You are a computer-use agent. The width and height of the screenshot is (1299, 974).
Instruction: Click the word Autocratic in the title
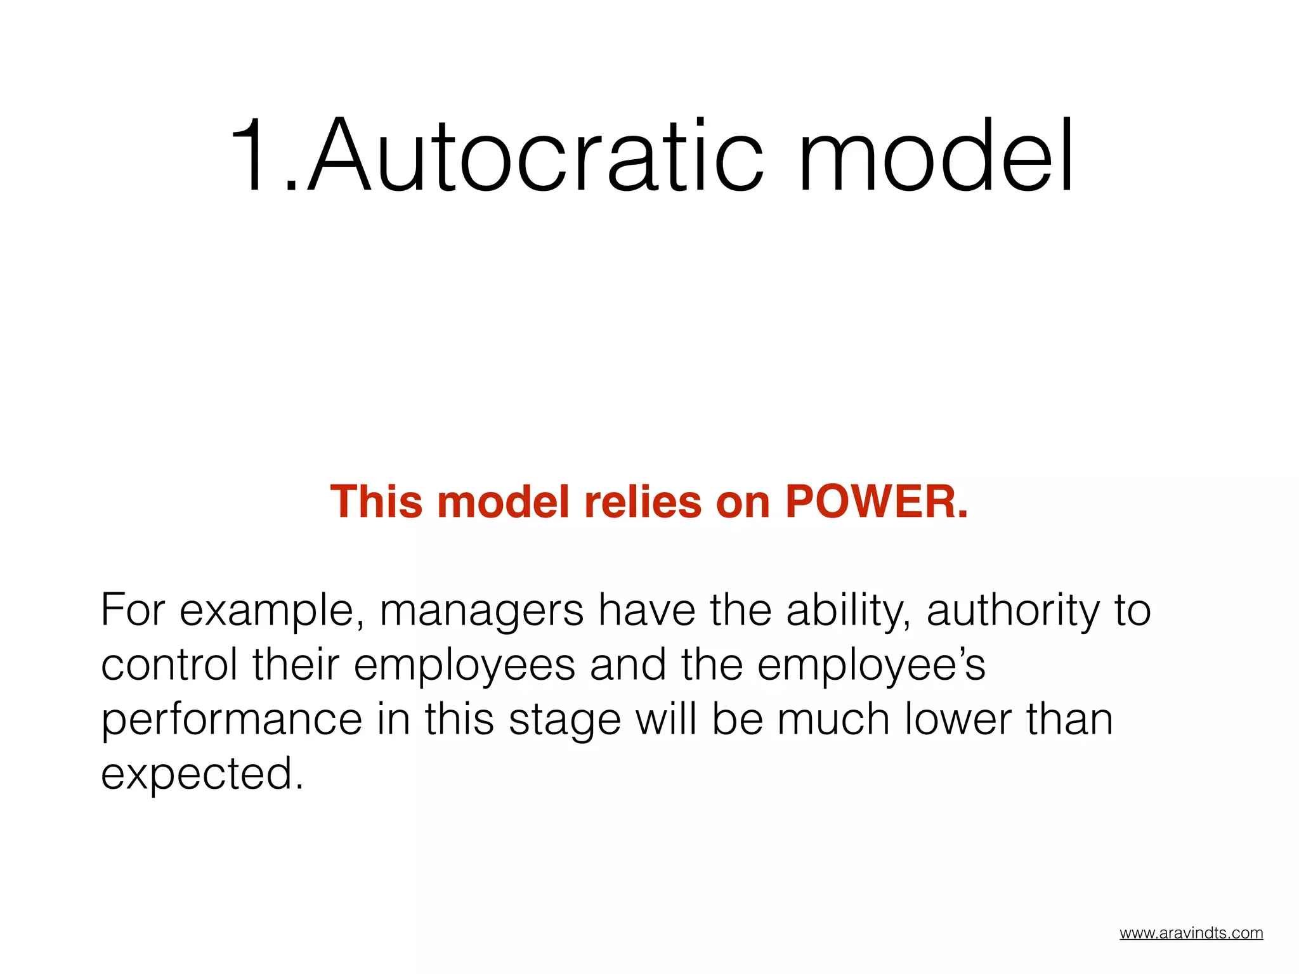pos(536,155)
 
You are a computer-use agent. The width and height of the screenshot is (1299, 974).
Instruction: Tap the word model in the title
pos(936,155)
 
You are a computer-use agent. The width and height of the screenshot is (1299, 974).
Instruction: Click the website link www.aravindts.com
pos(1191,933)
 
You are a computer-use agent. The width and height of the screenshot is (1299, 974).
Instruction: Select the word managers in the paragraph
pos(481,611)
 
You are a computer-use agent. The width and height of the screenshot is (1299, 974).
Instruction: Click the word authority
pos(1012,611)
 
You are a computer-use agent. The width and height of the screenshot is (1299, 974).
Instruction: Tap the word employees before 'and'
pos(464,666)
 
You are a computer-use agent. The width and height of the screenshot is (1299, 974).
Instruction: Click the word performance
pos(232,720)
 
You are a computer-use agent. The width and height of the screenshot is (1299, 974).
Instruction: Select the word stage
pos(565,720)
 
